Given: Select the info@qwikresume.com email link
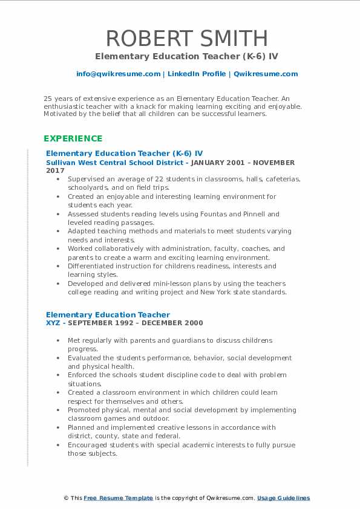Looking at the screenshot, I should pyautogui.click(x=119, y=74).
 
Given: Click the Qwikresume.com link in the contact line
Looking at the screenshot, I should pyautogui.click(x=266, y=74).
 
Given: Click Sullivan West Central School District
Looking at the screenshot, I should pyautogui.click(x=114, y=163).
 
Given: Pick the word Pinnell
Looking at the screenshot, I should pyautogui.click(x=266, y=214).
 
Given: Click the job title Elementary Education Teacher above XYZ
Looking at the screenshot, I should pyautogui.click(x=108, y=314).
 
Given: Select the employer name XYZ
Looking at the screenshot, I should pyautogui.click(x=53, y=323).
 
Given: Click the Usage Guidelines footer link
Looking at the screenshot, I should pyautogui.click(x=283, y=498).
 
